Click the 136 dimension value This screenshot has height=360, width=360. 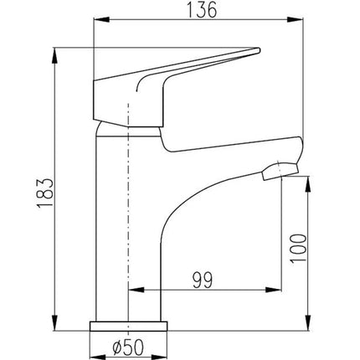(x=202, y=10)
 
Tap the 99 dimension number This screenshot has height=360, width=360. (x=203, y=280)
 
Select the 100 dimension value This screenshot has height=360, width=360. (x=298, y=249)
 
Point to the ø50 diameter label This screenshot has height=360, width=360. (x=128, y=347)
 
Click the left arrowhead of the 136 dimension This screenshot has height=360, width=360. (x=101, y=19)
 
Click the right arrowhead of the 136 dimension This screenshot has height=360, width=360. (x=296, y=19)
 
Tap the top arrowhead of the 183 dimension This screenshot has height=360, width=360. (x=55, y=56)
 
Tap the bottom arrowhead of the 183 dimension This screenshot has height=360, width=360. (x=55, y=323)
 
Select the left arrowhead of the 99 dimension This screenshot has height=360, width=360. (x=136, y=290)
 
